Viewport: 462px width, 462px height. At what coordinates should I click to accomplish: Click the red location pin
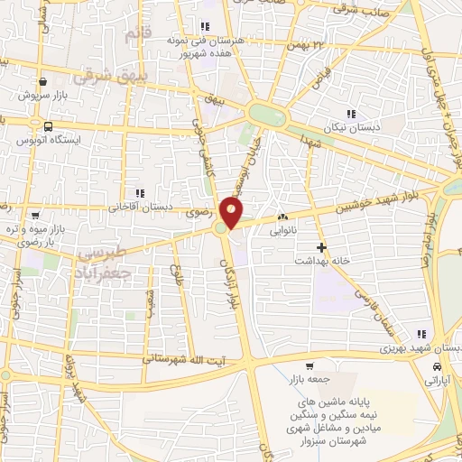click(233, 213)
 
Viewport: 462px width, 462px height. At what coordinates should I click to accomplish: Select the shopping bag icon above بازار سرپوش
click(42, 80)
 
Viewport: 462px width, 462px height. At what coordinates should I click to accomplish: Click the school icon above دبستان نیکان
click(351, 114)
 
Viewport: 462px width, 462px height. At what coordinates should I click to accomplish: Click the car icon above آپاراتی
click(438, 368)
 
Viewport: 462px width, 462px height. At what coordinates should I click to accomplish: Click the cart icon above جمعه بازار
click(310, 366)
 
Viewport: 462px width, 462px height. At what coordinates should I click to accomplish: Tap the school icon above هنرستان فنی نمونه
click(206, 26)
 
